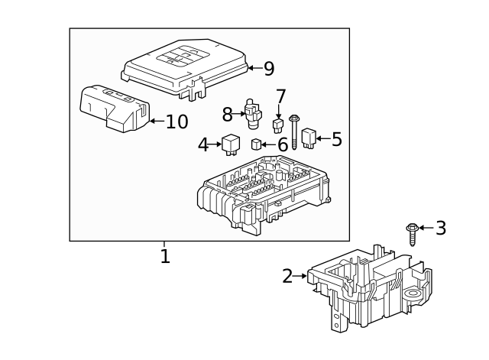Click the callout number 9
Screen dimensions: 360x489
coord(268,69)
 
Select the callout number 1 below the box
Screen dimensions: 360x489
coord(165,255)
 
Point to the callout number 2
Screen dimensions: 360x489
coord(287,277)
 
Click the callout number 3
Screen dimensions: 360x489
coord(440,228)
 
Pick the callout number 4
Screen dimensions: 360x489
coord(203,144)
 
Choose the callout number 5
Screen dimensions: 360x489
coord(336,139)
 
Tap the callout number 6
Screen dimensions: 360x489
coord(282,144)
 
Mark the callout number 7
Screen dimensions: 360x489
coord(280,97)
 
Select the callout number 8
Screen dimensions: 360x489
coord(227,115)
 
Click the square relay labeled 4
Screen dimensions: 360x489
coord(231,143)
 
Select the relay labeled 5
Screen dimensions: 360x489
coord(309,138)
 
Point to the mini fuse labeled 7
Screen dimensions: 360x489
coord(278,124)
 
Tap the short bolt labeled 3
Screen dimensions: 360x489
coord(412,233)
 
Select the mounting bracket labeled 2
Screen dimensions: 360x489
coord(367,287)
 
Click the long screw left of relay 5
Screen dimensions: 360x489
coord(293,130)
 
